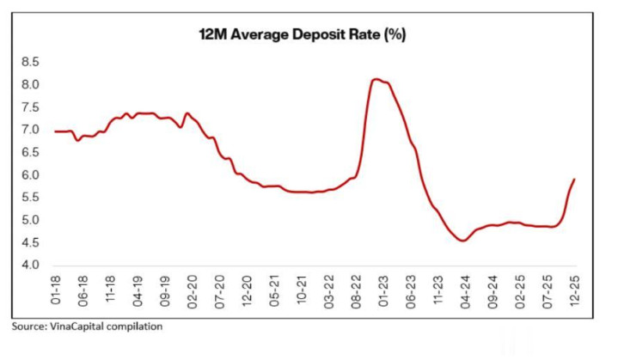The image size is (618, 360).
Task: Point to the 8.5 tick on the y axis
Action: pos(33,62)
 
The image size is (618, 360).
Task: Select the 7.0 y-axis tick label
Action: pos(33,130)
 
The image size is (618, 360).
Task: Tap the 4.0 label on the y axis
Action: pos(33,265)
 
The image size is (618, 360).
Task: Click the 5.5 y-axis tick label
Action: pos(33,198)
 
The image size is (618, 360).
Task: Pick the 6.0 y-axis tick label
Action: pos(33,175)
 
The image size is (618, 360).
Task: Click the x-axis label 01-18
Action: pos(57,290)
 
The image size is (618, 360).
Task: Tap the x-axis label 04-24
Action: pos(465,290)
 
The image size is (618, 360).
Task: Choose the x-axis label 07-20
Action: pos(220,290)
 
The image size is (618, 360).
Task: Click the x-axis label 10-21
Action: pos(302,290)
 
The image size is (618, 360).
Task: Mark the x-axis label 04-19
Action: pos(138,290)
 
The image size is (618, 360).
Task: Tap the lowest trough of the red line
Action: pos(463,241)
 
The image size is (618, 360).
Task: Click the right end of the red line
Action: pos(573,180)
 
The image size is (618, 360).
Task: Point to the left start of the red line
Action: pos(55,131)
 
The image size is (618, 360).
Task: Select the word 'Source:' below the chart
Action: pos(28,326)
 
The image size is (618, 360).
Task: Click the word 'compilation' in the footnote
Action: pos(136,326)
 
